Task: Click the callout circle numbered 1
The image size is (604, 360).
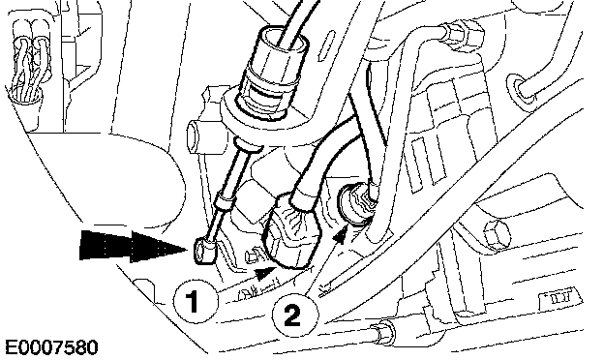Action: coord(194,301)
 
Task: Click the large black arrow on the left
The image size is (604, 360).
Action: coord(134,245)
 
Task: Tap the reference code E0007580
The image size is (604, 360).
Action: coord(51,347)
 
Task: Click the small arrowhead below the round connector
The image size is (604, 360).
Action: coord(340,235)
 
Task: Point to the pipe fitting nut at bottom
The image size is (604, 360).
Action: coord(382,331)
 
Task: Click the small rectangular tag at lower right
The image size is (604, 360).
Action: coord(559,297)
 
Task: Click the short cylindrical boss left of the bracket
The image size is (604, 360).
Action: coord(197,136)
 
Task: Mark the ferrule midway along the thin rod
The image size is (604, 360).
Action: coord(223,203)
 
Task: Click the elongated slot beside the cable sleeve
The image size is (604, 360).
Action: coord(326,45)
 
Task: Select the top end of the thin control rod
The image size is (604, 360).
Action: coord(247,144)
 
